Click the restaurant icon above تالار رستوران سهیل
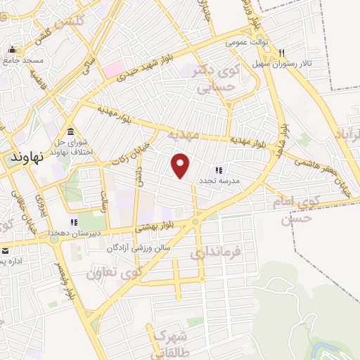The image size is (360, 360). [281, 53]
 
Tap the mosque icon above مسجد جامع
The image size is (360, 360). [13, 50]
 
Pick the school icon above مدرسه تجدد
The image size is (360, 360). [219, 170]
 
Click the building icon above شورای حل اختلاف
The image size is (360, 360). [70, 132]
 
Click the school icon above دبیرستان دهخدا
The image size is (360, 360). [74, 222]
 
